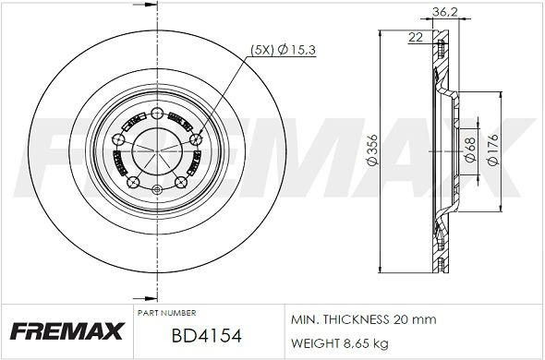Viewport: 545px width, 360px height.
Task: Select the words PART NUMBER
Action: (165, 313)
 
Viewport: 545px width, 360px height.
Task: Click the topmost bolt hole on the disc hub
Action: (154, 114)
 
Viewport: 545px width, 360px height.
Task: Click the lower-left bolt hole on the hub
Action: (131, 182)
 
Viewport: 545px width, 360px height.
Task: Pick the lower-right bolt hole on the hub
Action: (179, 182)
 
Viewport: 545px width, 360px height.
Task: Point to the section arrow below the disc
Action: (145, 297)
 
